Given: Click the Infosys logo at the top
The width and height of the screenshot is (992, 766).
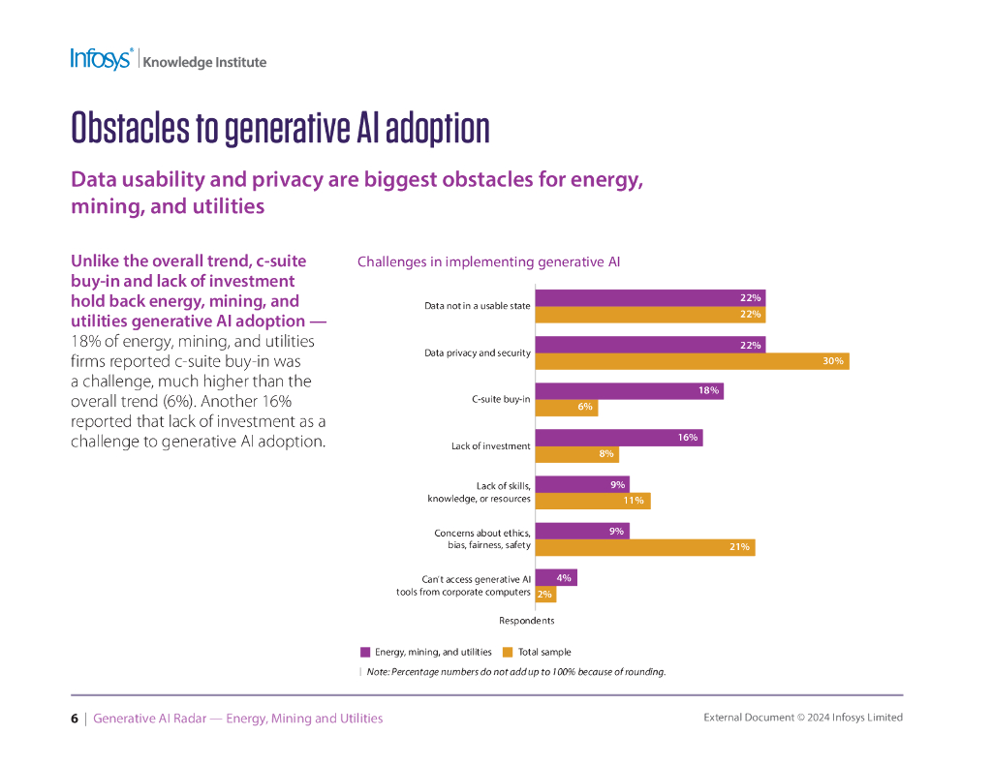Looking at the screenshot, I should click(101, 59).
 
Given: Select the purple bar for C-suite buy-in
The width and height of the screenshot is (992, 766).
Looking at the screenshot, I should click(629, 391).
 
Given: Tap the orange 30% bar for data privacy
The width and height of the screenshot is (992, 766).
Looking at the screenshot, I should click(692, 361).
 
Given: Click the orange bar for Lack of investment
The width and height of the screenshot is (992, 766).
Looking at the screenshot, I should click(576, 454).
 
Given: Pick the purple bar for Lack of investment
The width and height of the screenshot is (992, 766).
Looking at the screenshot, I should click(618, 438).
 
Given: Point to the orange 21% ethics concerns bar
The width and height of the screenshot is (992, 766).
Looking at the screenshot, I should click(644, 547).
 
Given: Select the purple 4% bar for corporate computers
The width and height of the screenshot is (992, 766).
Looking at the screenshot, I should click(556, 578).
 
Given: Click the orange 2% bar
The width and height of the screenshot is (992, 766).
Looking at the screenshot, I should click(545, 594).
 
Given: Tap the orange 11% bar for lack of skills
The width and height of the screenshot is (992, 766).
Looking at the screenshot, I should click(592, 501).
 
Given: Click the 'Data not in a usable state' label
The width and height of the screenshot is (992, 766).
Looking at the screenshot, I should click(477, 306).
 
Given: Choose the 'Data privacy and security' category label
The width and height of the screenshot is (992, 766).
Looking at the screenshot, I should click(477, 352).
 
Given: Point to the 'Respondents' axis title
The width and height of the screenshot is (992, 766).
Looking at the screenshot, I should click(526, 621).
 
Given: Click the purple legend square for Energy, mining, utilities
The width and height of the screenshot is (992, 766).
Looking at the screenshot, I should click(365, 652).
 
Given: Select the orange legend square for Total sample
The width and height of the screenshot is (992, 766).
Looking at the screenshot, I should click(508, 652).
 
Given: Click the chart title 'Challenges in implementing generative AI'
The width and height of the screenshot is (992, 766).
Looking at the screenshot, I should click(488, 261).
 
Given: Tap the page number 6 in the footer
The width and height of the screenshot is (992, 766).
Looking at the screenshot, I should click(75, 719).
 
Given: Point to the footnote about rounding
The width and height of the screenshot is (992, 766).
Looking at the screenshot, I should click(515, 672).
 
